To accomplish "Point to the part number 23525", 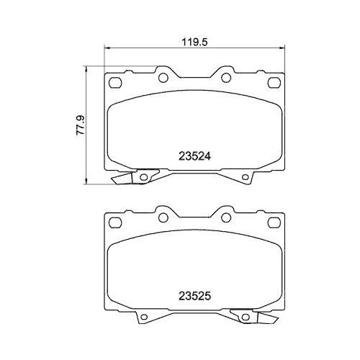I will coord(194,294).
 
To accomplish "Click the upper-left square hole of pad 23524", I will coord(114,81).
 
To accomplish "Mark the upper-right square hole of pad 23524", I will coord(275,81).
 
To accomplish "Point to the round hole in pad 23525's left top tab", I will coord(164,217).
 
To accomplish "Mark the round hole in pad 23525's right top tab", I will coord(225,217).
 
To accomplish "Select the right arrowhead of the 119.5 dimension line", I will coord(282,50).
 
